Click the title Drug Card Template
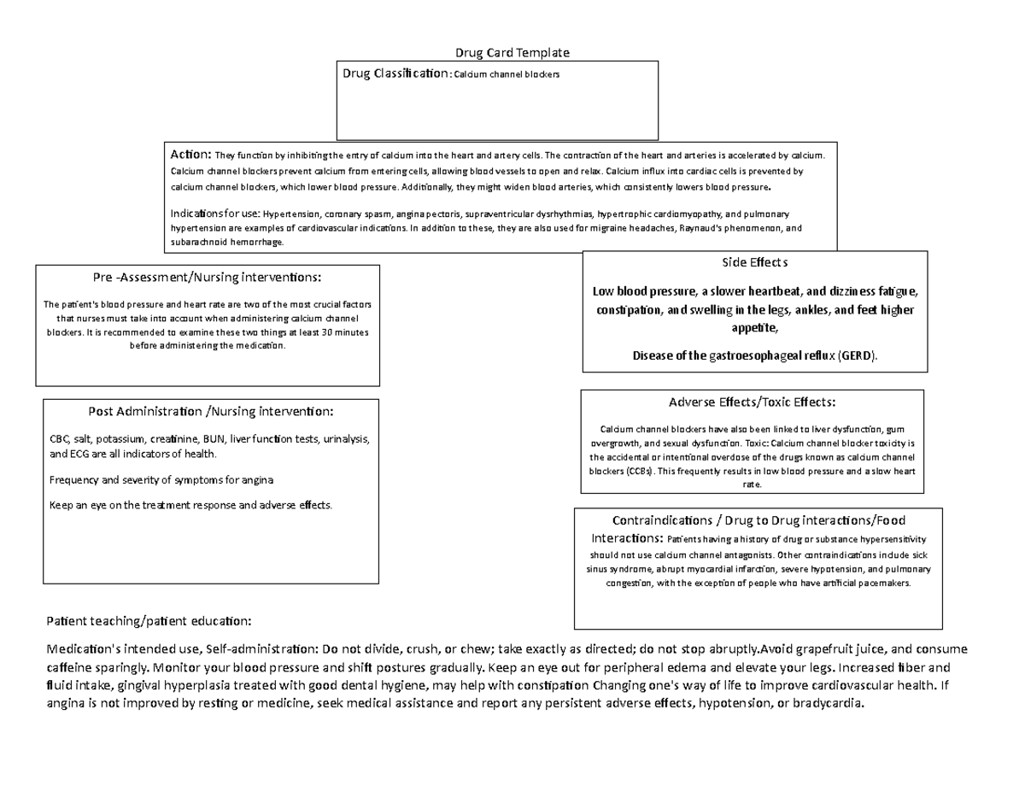coord(512,53)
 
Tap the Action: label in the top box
coord(190,155)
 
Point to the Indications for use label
coord(215,213)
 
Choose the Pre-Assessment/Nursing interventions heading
coord(208,277)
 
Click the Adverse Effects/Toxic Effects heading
coord(752,402)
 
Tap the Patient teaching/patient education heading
coord(149,619)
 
